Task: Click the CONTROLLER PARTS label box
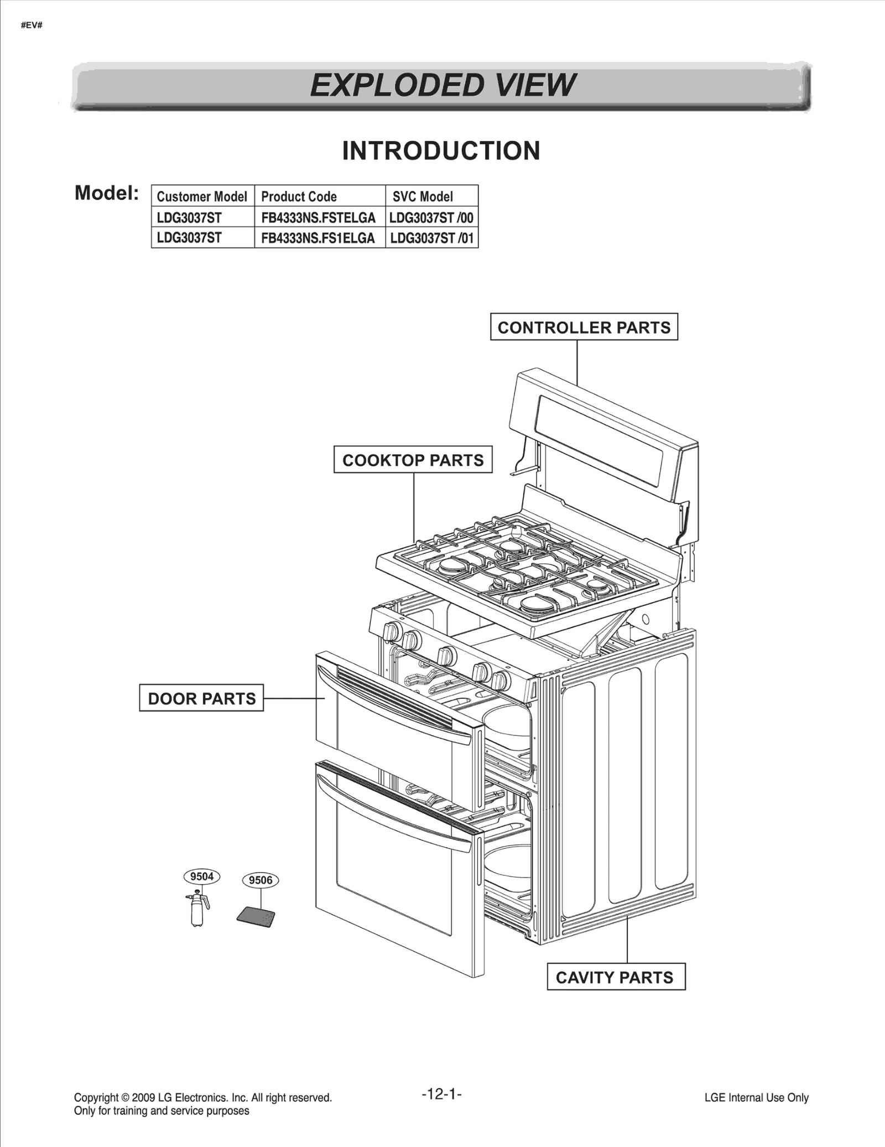click(584, 327)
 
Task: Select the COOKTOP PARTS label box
click(413, 460)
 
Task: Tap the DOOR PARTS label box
click(201, 698)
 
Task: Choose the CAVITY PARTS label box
click(615, 977)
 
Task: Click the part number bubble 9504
click(202, 876)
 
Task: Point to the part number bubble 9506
click(261, 880)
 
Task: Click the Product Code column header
click(299, 196)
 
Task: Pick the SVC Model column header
click(423, 196)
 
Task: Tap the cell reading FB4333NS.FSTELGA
click(318, 217)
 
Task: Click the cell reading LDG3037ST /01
click(431, 238)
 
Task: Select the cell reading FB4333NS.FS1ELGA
click(318, 238)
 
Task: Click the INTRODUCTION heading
click(441, 151)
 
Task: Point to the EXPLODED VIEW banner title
click(442, 85)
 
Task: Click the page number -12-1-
click(441, 1093)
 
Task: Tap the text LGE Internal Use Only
click(756, 1097)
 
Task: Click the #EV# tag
click(32, 25)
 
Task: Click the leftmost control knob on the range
click(392, 630)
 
